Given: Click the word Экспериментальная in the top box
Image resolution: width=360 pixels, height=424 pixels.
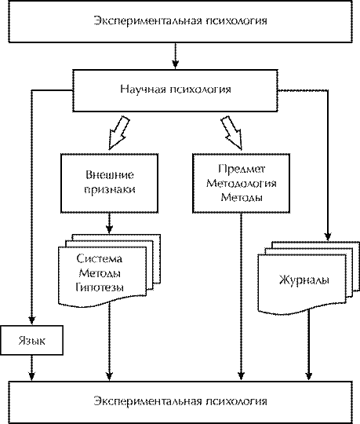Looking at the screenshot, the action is pyautogui.click(x=147, y=21).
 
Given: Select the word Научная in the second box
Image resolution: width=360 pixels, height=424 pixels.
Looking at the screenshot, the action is pyautogui.click(x=143, y=90).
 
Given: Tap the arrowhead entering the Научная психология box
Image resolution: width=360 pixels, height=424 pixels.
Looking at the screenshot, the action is pyautogui.click(x=176, y=64).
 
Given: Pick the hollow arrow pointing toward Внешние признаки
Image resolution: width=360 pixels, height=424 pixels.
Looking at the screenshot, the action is pyautogui.click(x=119, y=133).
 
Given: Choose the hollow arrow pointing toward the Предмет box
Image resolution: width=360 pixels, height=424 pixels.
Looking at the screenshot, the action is pyautogui.click(x=231, y=133).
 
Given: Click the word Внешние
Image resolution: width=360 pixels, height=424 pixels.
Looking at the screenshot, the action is pyautogui.click(x=110, y=175).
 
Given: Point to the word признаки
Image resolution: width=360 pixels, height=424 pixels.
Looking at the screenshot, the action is pyautogui.click(x=110, y=189).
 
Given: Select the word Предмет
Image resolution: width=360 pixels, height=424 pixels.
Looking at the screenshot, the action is pyautogui.click(x=242, y=169).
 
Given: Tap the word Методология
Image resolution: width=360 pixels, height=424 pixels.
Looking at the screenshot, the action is pyautogui.click(x=242, y=184).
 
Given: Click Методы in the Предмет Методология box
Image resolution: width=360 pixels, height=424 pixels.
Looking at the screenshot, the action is pyautogui.click(x=242, y=197).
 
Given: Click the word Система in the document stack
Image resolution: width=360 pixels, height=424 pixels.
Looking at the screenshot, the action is pyautogui.click(x=100, y=259).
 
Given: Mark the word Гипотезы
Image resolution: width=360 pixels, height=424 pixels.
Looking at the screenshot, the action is pyautogui.click(x=100, y=287).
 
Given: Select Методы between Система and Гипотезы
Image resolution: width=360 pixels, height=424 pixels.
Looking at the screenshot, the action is pyautogui.click(x=100, y=273).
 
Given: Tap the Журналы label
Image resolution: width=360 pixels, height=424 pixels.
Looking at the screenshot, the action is pyautogui.click(x=304, y=280).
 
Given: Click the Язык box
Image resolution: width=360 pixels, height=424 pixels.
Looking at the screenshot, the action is pyautogui.click(x=32, y=340).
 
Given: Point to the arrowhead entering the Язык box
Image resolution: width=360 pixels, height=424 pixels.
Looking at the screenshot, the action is pyautogui.click(x=32, y=320).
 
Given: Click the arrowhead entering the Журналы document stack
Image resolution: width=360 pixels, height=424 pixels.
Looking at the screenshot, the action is pyautogui.click(x=328, y=236).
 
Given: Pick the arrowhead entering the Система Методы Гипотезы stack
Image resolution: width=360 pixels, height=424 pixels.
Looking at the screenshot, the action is pyautogui.click(x=109, y=229).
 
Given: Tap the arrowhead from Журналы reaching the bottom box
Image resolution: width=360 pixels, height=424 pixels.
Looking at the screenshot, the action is pyautogui.click(x=309, y=376).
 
